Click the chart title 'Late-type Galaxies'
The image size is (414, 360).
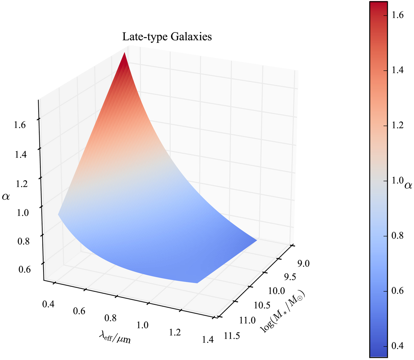167,37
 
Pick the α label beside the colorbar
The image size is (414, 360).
408,186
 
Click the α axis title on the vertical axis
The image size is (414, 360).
7,197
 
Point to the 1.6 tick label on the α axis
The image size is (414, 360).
20,125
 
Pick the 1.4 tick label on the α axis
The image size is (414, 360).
20,155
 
